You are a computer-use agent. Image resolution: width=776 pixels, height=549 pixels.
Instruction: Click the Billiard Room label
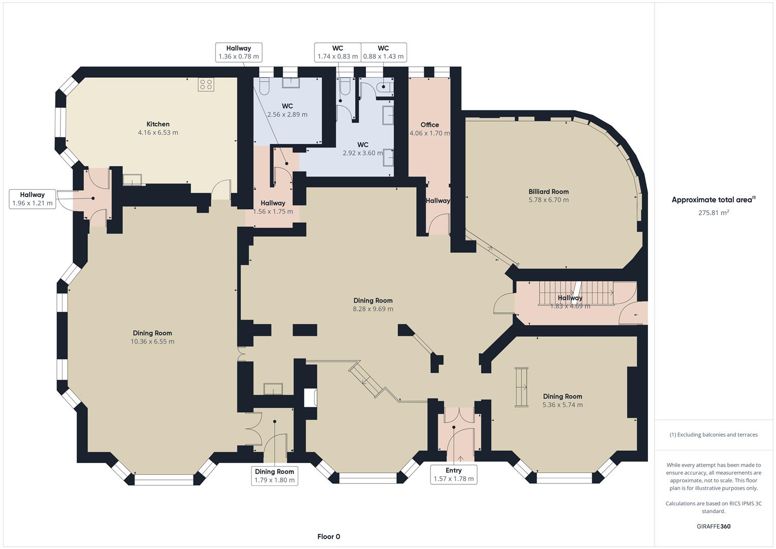(548, 192)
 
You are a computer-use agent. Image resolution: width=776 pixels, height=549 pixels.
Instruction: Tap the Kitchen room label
(158, 124)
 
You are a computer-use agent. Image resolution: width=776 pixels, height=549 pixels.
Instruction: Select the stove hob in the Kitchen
(206, 84)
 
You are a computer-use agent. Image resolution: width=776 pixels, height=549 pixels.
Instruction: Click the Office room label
(429, 125)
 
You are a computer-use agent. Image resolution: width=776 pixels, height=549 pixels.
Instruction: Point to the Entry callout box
(453, 474)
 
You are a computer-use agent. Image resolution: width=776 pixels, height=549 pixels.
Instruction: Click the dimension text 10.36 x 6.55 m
(152, 342)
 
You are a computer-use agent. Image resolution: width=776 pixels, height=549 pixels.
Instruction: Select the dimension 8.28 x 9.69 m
(373, 309)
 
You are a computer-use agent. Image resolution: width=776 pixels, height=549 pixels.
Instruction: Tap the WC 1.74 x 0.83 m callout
(337, 52)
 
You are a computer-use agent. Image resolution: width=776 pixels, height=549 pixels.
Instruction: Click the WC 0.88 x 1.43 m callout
(383, 52)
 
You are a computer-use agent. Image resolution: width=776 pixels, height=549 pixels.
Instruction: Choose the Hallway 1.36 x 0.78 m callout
(238, 52)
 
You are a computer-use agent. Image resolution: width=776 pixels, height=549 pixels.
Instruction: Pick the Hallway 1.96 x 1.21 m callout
(33, 199)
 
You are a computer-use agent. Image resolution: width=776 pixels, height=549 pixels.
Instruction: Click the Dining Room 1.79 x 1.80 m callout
(274, 475)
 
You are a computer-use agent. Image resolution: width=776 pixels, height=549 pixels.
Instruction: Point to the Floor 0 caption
(329, 536)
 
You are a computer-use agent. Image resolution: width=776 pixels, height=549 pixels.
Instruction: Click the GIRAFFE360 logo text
(713, 526)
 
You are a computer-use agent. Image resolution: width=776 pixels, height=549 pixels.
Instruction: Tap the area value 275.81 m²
(713, 213)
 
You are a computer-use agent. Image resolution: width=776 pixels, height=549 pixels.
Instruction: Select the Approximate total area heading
(713, 200)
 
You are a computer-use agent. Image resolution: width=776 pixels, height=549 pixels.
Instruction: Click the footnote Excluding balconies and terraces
(713, 435)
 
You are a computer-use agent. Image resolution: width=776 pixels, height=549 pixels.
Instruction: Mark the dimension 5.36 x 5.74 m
(563, 405)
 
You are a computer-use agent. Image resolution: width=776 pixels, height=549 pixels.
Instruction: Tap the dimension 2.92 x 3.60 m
(362, 153)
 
